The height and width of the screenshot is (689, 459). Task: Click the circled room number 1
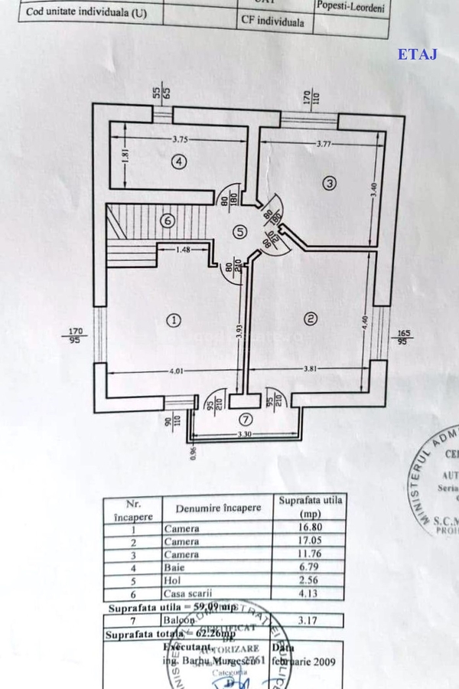pos(174,321)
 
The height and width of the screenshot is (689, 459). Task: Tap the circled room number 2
pos(311,318)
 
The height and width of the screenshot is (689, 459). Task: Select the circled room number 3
pos(330,183)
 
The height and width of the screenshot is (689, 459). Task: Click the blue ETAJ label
pos(417,54)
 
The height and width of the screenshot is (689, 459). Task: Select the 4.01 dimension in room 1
pos(177,373)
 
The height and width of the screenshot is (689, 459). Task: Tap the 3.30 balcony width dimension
pos(245,436)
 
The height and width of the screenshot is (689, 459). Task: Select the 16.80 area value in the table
pos(308,527)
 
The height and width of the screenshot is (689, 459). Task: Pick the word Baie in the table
pos(174,567)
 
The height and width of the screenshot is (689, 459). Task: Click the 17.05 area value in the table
pos(308,541)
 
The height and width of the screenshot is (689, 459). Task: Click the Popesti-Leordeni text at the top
pos(351,7)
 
